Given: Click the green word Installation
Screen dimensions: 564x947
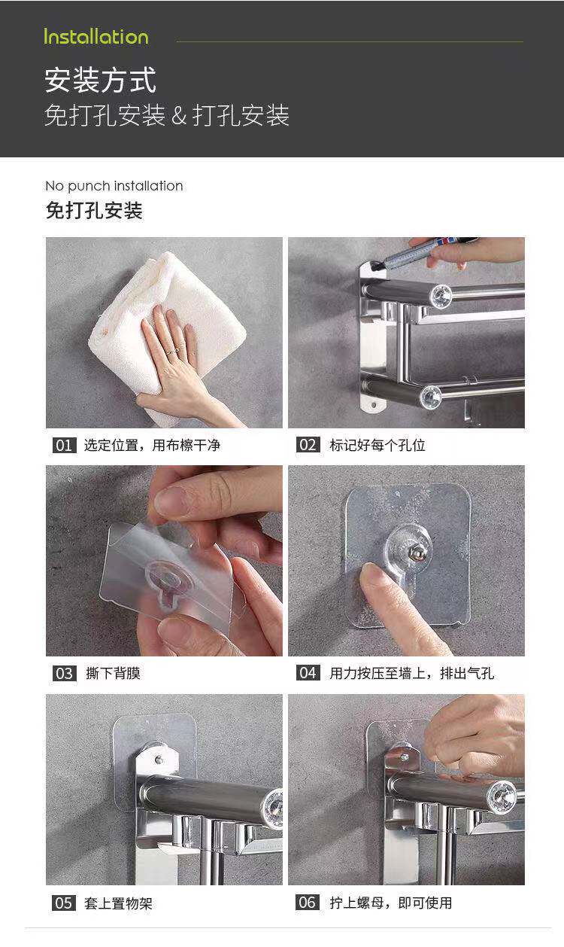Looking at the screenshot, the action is tap(96, 37).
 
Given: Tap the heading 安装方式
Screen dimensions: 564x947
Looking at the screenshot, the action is tap(101, 81).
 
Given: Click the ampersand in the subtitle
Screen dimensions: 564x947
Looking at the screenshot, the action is tap(179, 115).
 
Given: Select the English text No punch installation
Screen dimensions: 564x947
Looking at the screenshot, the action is tap(114, 186).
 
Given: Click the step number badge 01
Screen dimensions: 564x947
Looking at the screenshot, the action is tap(64, 445).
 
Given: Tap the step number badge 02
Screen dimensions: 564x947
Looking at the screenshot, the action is tap(308, 445).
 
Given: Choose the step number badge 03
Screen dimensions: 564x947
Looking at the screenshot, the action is tap(64, 673).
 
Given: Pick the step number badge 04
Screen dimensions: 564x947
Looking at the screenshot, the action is tap(308, 673).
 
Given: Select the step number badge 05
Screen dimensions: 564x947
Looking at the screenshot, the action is tap(64, 903).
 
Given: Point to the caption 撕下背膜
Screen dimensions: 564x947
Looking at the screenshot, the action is tap(113, 673).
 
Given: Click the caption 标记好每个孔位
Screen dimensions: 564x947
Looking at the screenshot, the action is tap(378, 445).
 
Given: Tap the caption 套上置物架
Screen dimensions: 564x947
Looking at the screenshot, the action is tap(118, 903).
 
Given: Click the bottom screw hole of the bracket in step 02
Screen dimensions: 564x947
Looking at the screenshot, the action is tap(374, 405).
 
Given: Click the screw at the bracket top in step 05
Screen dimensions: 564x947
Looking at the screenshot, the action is tap(159, 760).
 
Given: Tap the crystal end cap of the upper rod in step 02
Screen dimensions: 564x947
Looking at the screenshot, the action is tap(441, 297).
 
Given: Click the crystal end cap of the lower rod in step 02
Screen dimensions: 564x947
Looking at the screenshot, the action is tap(431, 397).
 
